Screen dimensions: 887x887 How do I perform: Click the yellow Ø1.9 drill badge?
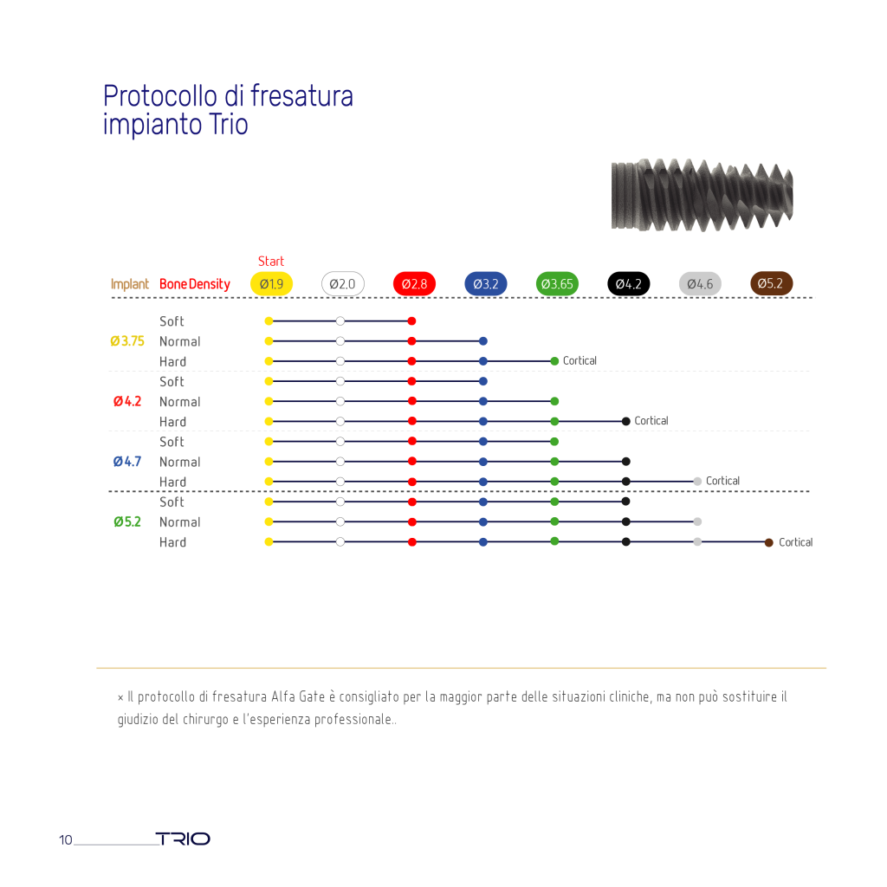click(271, 283)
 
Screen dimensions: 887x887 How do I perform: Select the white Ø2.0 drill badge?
click(343, 283)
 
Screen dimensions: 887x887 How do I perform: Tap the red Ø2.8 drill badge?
click(414, 283)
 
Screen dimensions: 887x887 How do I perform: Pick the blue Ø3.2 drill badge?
click(486, 283)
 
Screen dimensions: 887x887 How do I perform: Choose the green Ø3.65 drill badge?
click(557, 283)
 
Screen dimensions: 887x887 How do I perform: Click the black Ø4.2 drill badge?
click(629, 283)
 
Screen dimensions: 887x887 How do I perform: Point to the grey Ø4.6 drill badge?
click(700, 283)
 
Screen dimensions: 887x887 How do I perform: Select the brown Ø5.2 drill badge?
click(771, 283)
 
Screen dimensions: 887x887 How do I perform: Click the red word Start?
click(271, 262)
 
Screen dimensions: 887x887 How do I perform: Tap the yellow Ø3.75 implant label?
click(127, 341)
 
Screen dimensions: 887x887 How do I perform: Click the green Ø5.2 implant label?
click(127, 521)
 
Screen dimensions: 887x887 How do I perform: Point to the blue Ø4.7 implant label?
click(127, 462)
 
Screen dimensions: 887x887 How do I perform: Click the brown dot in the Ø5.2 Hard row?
click(769, 542)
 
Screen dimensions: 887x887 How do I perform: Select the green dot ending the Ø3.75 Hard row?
click(554, 361)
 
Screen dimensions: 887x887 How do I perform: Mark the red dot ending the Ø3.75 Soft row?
click(411, 321)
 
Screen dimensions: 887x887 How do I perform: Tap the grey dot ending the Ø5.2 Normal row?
click(697, 521)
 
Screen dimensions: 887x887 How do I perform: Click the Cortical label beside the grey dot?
click(722, 481)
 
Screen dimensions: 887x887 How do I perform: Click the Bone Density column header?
click(195, 284)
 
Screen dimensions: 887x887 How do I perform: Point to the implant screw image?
click(702, 195)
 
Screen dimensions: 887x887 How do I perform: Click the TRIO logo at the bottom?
click(183, 838)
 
